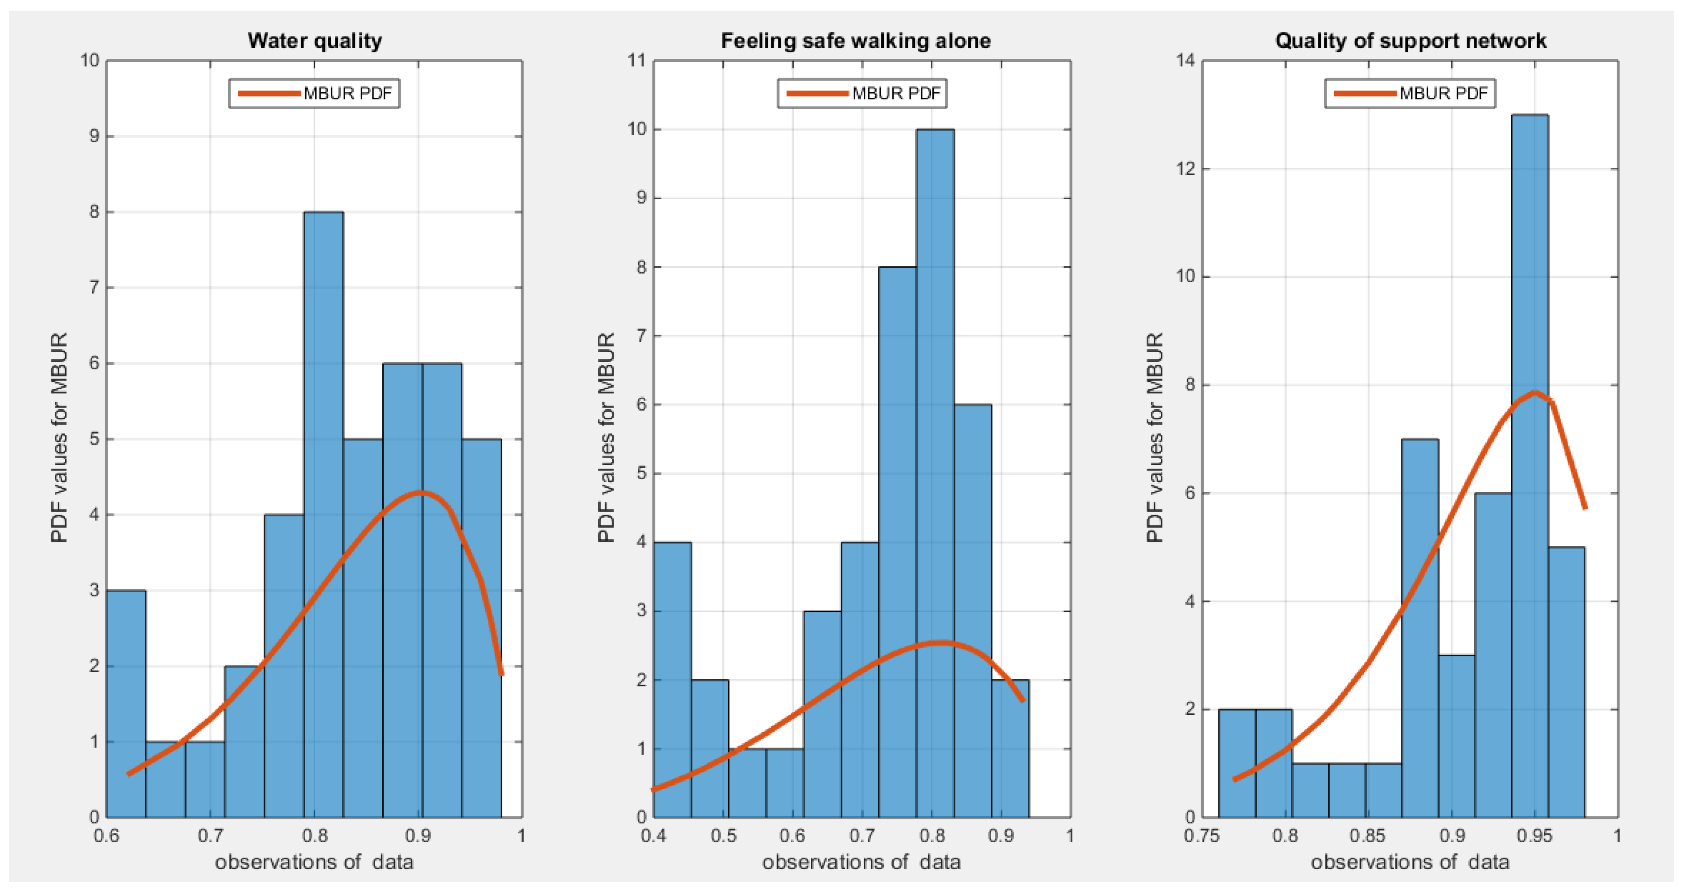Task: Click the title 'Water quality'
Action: tap(315, 41)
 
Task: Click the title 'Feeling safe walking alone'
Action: tap(856, 41)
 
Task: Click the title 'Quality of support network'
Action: tap(1410, 41)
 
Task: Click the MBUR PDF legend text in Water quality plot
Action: tap(347, 93)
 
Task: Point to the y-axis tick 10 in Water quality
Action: tap(90, 61)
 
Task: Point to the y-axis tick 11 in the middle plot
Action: tap(636, 61)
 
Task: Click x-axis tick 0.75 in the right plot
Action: tap(1201, 836)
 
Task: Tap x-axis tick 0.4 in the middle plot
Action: tap(654, 836)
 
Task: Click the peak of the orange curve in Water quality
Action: tap(420, 492)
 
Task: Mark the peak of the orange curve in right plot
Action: tap(1534, 392)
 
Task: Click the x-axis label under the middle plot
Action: tap(861, 862)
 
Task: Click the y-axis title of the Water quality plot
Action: tap(59, 437)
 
